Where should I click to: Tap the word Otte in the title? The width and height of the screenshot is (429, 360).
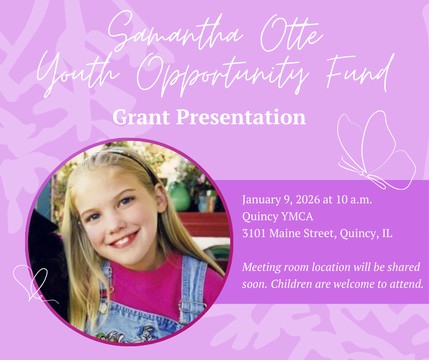pyautogui.click(x=291, y=33)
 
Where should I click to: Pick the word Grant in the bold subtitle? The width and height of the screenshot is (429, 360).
pyautogui.click(x=141, y=117)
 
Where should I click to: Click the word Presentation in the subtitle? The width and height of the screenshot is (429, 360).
pyautogui.click(x=241, y=117)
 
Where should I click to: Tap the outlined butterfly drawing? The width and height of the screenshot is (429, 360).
pyautogui.click(x=377, y=150)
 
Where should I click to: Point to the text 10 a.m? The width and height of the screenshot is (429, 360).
pyautogui.click(x=354, y=200)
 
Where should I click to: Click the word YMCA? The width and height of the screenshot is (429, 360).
pyautogui.click(x=297, y=217)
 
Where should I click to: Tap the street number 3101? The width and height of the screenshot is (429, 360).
pyautogui.click(x=254, y=233)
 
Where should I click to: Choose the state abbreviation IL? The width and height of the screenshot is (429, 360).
pyautogui.click(x=387, y=233)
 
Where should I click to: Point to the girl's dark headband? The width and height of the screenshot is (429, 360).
pyautogui.click(x=137, y=162)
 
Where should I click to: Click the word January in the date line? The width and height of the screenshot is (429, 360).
pyautogui.click(x=262, y=200)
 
